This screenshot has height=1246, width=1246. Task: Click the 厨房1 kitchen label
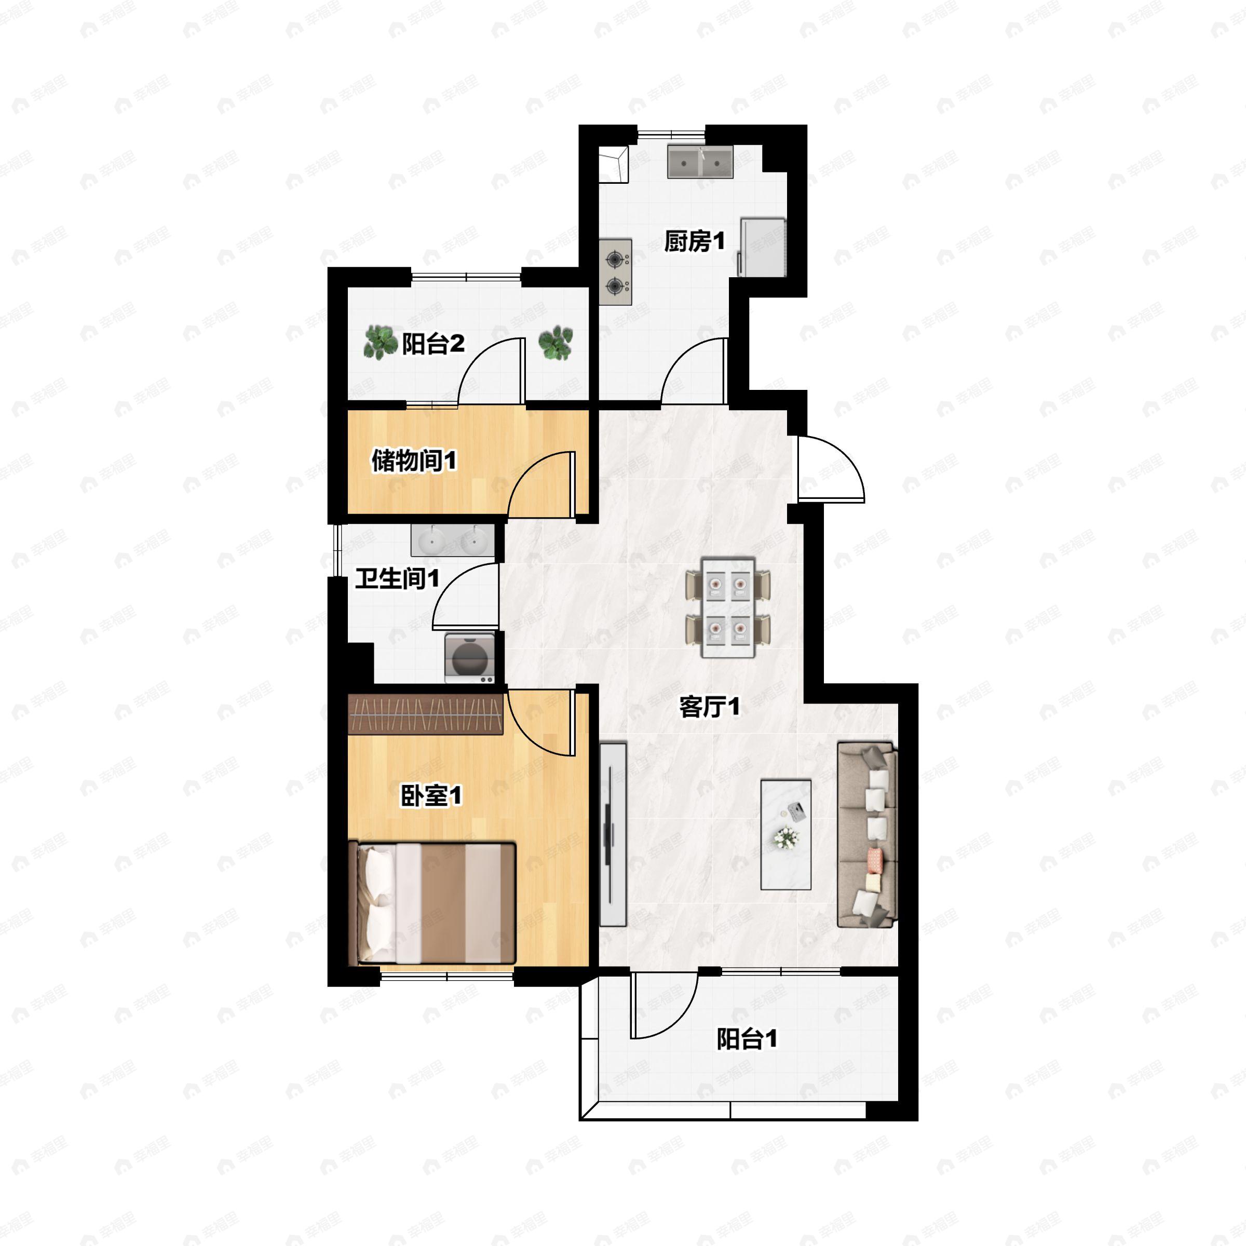695,241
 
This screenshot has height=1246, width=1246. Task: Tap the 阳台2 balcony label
434,343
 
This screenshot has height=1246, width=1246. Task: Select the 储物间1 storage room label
414,461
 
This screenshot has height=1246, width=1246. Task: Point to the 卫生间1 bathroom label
397,578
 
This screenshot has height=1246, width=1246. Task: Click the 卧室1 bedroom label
431,795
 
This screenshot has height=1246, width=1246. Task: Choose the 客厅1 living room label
709,707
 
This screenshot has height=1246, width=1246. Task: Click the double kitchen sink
700,161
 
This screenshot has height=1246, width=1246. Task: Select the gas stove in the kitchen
616,272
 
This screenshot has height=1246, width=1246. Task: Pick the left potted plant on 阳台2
380,342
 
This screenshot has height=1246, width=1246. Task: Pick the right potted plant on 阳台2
556,342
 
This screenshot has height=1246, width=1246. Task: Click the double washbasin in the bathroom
453,540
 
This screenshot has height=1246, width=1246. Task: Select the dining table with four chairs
728,607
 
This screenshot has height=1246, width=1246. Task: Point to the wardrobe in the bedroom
425,714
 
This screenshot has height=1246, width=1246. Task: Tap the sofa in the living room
867,834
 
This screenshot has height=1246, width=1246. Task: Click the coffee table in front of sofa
785,834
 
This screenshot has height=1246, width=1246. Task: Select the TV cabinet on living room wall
613,834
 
